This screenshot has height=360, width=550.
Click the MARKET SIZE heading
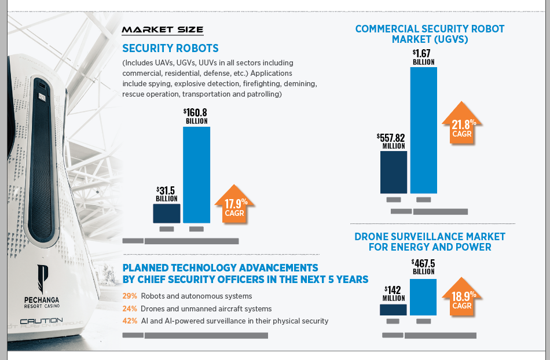(162, 30)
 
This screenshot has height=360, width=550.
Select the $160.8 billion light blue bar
(196, 175)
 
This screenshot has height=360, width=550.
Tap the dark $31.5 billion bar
(166, 213)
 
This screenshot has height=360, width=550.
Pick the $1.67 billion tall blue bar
(423, 130)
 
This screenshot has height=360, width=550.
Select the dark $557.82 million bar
(393, 172)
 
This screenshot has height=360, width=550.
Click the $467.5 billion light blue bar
(423, 297)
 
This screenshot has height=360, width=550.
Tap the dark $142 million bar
(393, 310)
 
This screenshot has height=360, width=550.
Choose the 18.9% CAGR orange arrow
(462, 297)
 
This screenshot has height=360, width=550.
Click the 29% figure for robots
(130, 296)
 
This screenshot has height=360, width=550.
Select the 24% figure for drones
(130, 308)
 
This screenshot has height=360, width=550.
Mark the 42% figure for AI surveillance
(130, 321)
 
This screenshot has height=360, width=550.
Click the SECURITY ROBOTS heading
(170, 49)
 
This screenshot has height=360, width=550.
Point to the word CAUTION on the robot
(41, 321)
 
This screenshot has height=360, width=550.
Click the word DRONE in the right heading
(372, 237)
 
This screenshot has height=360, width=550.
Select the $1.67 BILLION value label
(423, 57)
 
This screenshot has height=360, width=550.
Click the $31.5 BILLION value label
(166, 194)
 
